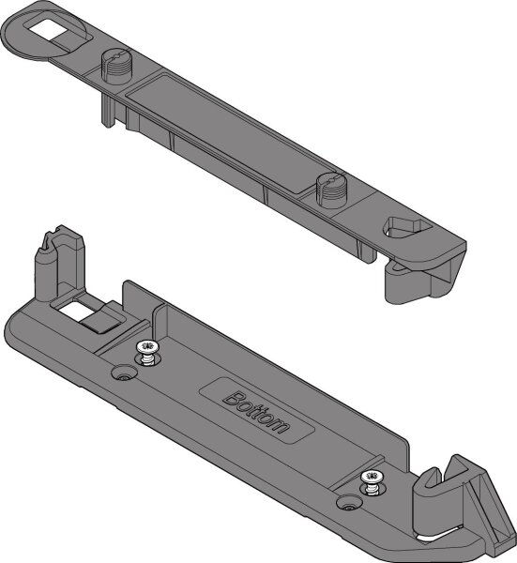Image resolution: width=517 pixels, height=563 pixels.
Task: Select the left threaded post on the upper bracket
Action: click(x=113, y=65)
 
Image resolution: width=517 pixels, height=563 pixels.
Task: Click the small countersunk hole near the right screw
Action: click(x=348, y=506)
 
